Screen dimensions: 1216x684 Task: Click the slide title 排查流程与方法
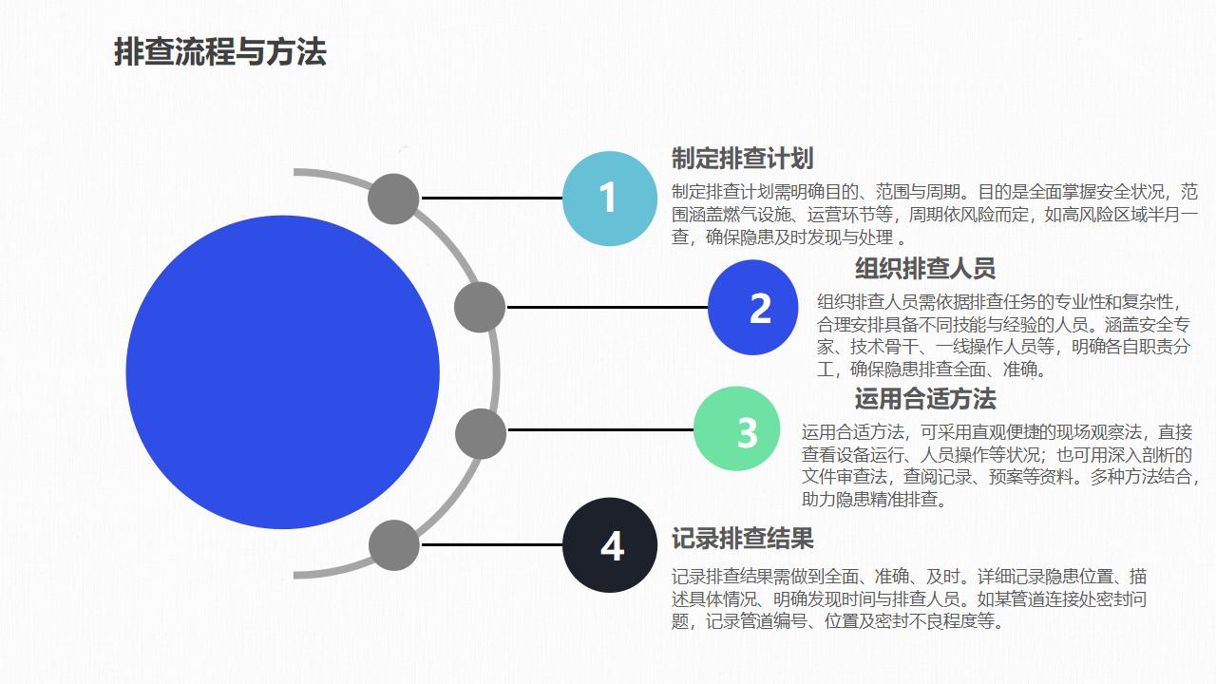(219, 52)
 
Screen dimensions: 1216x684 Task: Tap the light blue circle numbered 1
(610, 199)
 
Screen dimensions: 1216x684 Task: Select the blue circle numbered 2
(753, 307)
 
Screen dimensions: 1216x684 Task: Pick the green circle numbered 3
(736, 428)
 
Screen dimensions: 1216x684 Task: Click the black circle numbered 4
(610, 545)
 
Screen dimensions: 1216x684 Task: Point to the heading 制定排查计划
(742, 159)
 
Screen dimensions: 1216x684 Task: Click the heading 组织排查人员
(925, 268)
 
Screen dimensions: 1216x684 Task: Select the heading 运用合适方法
(925, 399)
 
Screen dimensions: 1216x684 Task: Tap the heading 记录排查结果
(742, 539)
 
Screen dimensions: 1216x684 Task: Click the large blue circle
(283, 372)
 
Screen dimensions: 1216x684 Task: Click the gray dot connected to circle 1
(393, 199)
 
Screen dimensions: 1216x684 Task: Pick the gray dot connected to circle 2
(480, 307)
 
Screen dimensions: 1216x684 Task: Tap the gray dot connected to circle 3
(481, 434)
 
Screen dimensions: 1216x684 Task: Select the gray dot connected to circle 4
(394, 545)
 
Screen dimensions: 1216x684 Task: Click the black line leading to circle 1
(492, 199)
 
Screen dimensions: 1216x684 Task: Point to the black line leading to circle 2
(607, 307)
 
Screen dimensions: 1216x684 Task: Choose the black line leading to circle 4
(492, 544)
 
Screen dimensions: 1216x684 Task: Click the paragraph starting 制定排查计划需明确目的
(934, 215)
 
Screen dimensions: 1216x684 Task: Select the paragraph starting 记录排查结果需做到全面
(909, 598)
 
